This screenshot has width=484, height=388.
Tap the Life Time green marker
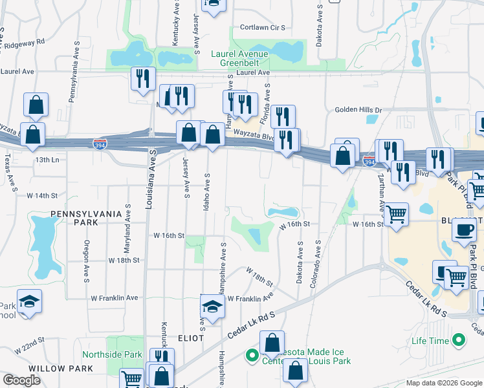459,339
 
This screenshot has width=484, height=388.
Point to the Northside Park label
112,354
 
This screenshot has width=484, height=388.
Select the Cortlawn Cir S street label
263,28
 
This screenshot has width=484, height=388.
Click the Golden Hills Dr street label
358,110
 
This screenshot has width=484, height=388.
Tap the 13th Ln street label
47,159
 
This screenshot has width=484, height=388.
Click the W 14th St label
42,195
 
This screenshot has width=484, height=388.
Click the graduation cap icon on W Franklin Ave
212,305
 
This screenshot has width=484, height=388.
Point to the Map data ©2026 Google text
443,383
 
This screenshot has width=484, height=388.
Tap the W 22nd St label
31,340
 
